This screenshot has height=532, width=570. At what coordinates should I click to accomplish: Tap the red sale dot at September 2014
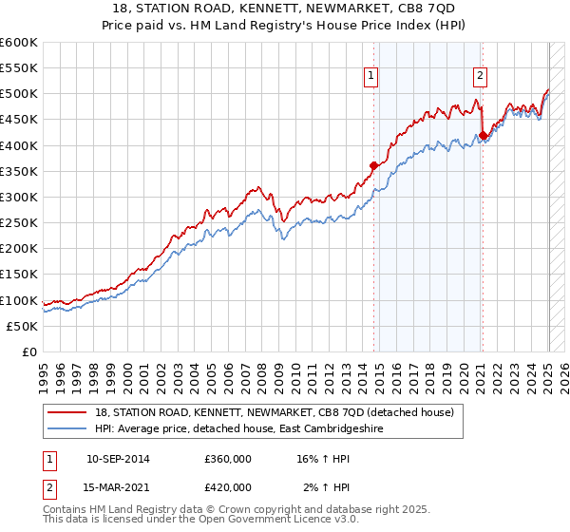point(373,165)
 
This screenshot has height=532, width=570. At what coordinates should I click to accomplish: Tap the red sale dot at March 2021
point(483,135)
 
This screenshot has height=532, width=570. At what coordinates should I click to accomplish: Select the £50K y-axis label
point(23,326)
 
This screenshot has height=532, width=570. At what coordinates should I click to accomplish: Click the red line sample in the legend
point(67,411)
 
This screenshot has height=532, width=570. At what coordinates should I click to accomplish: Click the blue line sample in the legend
point(67,428)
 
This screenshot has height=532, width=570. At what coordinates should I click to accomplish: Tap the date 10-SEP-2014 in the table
point(118,459)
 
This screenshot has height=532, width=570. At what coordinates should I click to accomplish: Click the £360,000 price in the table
point(227,459)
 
